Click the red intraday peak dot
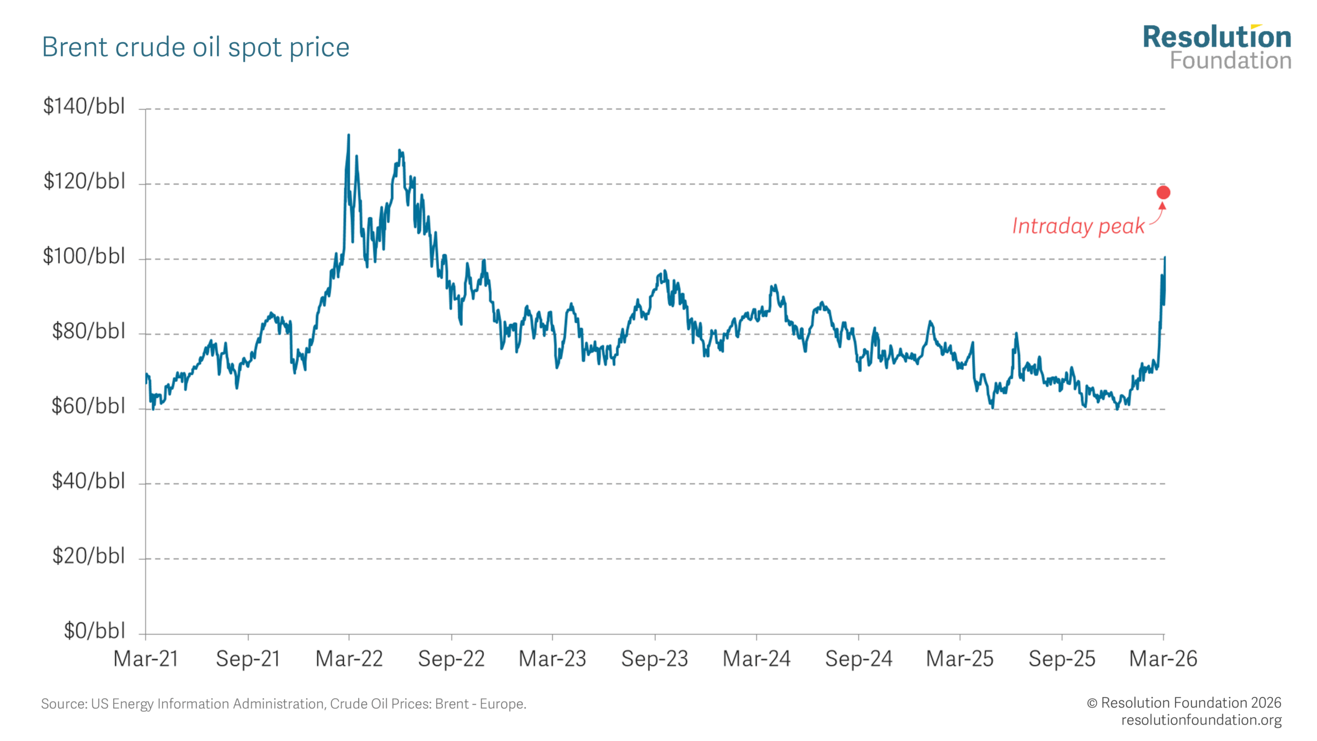click(x=1163, y=192)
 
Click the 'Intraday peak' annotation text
click(x=1078, y=226)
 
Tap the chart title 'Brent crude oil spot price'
click(x=195, y=47)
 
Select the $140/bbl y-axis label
click(x=84, y=107)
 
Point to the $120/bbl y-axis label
click(x=84, y=182)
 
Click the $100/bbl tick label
click(x=84, y=256)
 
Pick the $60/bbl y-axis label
click(x=88, y=407)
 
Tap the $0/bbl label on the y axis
click(x=94, y=631)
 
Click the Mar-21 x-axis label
click(x=146, y=659)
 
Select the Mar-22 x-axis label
click(x=349, y=659)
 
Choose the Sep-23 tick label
click(x=654, y=659)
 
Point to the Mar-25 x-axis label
click(x=959, y=659)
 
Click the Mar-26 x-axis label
click(x=1163, y=659)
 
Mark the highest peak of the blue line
click(x=349, y=136)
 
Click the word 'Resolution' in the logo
click(x=1217, y=38)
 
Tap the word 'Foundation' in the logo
click(x=1231, y=61)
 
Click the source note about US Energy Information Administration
click(x=283, y=704)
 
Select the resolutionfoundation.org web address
click(x=1201, y=720)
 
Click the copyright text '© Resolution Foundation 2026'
click(x=1184, y=703)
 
